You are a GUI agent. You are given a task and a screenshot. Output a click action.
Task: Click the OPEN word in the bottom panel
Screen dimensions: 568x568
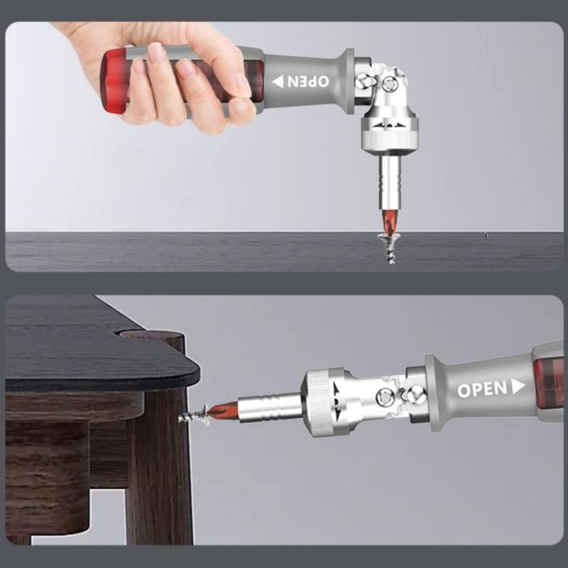[482, 389]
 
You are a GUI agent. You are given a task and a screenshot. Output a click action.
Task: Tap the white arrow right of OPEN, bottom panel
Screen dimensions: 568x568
[518, 386]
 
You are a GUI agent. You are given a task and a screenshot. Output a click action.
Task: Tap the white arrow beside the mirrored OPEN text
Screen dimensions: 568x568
[278, 80]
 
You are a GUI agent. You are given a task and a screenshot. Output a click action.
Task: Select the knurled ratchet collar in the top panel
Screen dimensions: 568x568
[388, 135]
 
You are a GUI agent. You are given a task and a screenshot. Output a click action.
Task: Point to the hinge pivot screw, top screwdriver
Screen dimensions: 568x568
[389, 83]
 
